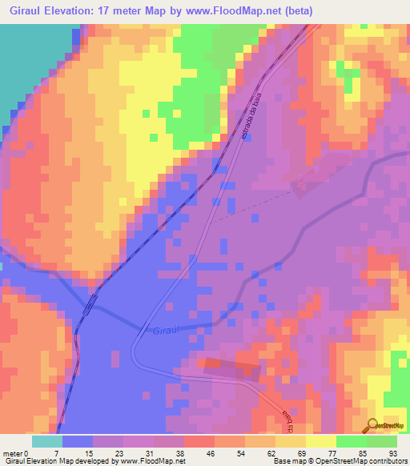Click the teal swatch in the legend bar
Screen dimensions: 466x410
click(47, 441)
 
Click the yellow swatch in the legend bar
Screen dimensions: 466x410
click(320, 441)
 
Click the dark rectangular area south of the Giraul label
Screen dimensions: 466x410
click(231, 369)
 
